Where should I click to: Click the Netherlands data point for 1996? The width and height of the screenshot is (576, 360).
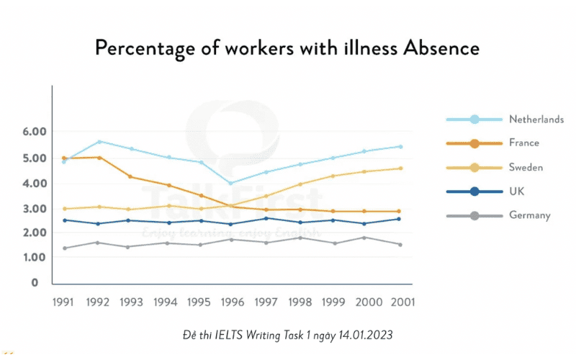tap(230, 183)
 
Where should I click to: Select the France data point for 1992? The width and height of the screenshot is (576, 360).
tap(99, 158)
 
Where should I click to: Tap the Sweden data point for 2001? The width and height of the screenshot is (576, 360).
tap(400, 168)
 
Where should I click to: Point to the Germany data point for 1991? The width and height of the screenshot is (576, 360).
tap(65, 248)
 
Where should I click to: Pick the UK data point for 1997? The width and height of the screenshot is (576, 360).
tap(266, 218)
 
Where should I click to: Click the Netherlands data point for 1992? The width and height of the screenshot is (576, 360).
tap(99, 141)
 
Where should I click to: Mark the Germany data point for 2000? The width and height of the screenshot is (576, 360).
tap(364, 238)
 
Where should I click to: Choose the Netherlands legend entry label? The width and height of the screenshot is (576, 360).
tap(536, 120)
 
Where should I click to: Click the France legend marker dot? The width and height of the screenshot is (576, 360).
tap(474, 143)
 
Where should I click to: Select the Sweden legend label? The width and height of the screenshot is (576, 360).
tap(526, 168)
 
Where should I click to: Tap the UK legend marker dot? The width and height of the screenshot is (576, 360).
tap(474, 192)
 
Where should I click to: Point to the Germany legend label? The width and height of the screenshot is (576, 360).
tap(530, 215)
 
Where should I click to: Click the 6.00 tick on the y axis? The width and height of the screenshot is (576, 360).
tap(35, 132)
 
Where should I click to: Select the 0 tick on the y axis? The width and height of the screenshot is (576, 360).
tap(35, 282)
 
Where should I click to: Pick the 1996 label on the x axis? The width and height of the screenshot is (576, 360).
tap(232, 302)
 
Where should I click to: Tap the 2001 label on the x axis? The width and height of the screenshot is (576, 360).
tap(402, 302)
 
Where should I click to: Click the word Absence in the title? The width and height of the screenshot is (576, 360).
tap(441, 48)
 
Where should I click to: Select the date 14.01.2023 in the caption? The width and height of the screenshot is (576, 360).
tap(366, 335)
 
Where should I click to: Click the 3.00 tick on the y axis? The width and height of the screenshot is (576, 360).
tap(35, 209)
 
